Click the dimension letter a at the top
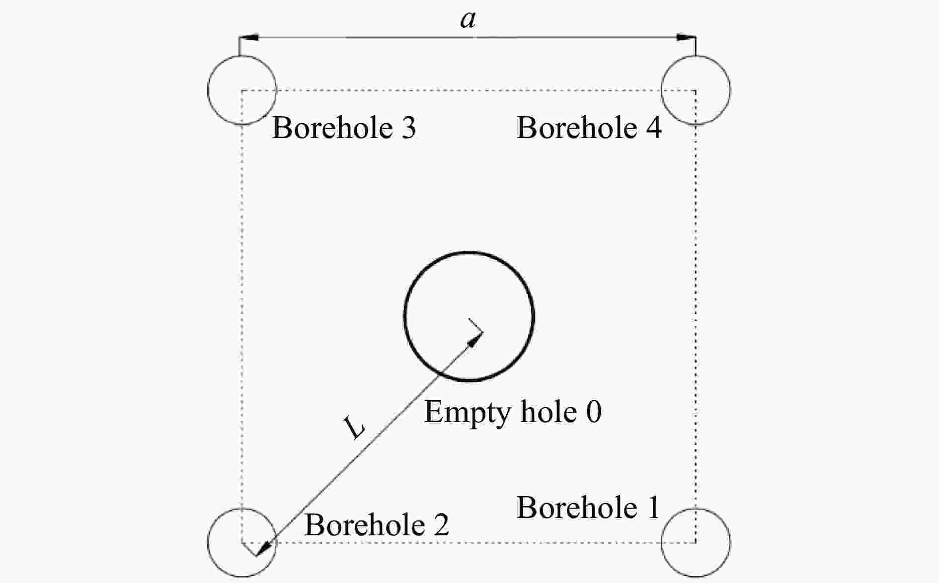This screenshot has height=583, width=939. point(468,20)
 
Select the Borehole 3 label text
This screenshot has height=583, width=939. point(344,128)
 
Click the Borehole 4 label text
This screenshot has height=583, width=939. point(589,128)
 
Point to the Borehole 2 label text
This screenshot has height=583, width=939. point(377,525)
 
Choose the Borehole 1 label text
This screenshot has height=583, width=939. point(588,508)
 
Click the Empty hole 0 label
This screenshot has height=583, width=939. point(513,412)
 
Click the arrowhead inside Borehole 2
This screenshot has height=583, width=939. point(266,547)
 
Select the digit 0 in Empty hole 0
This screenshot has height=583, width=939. point(593,412)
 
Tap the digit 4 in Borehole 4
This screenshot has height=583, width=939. point(653,128)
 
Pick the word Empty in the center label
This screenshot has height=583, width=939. point(467,412)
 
